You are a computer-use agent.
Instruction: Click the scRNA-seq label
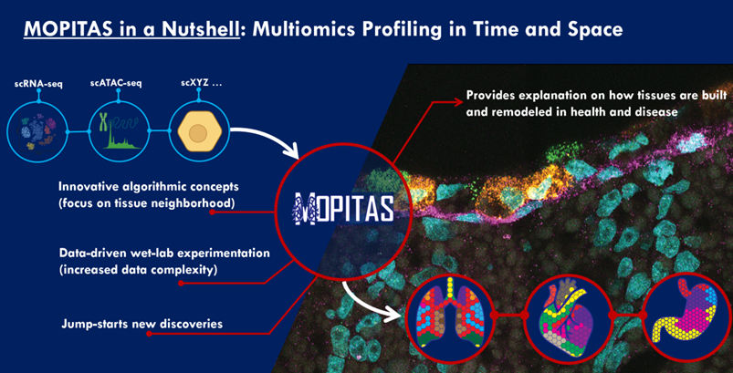pos(39,84)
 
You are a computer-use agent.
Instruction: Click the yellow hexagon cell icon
pos(199,131)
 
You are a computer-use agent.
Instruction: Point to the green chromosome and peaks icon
pos(120,133)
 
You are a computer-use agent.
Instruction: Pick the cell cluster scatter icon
pos(38,132)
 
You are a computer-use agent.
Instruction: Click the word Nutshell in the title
pos(194,29)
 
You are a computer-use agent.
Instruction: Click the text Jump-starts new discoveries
pos(142,323)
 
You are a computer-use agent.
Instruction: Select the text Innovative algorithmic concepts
pos(149,187)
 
